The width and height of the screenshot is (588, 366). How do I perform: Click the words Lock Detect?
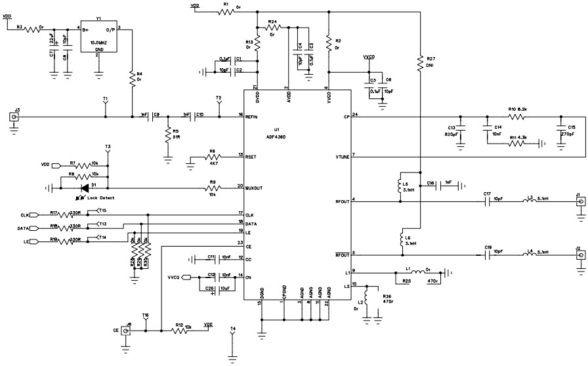tap(100, 197)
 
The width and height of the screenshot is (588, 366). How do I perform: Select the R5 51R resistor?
tap(168, 134)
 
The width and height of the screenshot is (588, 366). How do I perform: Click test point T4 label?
tap(232, 329)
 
